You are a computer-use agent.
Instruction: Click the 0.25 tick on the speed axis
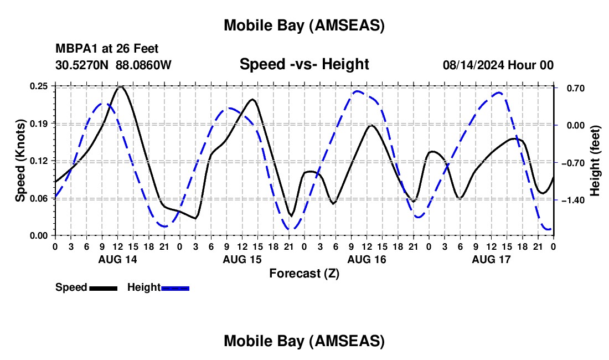click(x=39, y=86)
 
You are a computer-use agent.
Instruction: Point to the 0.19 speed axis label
click(x=39, y=123)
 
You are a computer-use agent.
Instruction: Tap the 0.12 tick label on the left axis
click(x=39, y=161)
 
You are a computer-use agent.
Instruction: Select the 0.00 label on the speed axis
click(x=39, y=235)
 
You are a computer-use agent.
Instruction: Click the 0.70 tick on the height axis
click(x=572, y=88)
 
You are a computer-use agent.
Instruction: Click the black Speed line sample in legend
click(x=103, y=288)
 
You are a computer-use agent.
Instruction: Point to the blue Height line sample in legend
click(x=175, y=288)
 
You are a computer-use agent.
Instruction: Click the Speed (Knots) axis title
click(x=20, y=161)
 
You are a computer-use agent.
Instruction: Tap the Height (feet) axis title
click(x=595, y=161)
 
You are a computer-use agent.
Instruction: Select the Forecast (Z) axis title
click(x=304, y=273)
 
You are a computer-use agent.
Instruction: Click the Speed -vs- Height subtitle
click(x=304, y=64)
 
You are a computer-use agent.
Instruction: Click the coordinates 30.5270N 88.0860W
click(x=113, y=65)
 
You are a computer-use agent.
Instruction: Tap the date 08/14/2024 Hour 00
click(x=498, y=65)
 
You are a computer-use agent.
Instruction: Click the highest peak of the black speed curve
click(x=121, y=87)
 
